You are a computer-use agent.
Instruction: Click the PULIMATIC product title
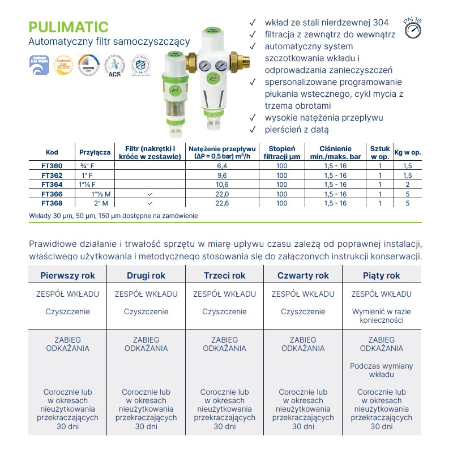68,27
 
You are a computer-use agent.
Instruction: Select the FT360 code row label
52,166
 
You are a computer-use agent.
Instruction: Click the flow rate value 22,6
221,203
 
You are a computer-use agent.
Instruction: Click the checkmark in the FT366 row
149,194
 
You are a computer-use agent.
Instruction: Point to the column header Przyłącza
95,152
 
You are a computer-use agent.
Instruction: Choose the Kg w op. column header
407,152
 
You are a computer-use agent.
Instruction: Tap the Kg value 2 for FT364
407,185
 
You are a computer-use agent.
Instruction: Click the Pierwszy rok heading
68,276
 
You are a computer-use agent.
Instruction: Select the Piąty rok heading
381,276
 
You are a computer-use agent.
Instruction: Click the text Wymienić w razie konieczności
381,316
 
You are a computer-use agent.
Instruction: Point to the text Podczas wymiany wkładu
381,370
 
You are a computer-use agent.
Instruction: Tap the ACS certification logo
114,66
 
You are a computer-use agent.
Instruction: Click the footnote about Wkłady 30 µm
113,216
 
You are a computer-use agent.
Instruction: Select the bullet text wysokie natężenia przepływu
324,118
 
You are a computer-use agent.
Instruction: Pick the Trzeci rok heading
225,276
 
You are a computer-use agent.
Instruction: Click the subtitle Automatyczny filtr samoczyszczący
109,42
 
